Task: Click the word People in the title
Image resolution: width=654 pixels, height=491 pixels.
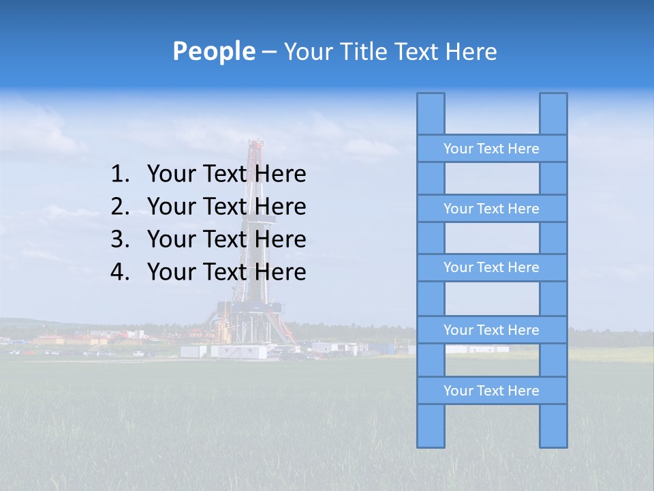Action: (x=213, y=51)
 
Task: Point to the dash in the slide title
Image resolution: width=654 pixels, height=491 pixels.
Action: (x=268, y=52)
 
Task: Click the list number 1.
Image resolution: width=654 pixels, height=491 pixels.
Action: (x=120, y=174)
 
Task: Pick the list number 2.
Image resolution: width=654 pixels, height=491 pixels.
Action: (x=120, y=207)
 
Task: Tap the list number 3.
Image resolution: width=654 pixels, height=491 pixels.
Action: (x=120, y=239)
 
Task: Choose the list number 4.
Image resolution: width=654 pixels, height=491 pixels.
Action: (x=120, y=272)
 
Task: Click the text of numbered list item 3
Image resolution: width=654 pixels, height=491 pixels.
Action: (x=226, y=239)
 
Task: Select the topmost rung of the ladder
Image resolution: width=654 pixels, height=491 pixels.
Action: (x=491, y=149)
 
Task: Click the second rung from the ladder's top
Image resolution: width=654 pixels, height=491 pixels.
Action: (x=491, y=209)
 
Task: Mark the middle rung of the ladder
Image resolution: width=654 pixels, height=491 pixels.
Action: (x=491, y=268)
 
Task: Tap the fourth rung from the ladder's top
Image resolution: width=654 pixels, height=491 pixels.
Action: (x=491, y=330)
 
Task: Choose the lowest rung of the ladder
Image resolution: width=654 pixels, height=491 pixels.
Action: (x=491, y=391)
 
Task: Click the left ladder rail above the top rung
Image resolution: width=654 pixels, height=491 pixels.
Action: (x=431, y=114)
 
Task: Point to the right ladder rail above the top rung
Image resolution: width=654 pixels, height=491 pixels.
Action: (x=553, y=114)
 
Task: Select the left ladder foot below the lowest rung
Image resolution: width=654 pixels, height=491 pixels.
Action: (x=431, y=426)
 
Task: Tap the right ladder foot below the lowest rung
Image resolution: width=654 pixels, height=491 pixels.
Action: (x=553, y=426)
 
